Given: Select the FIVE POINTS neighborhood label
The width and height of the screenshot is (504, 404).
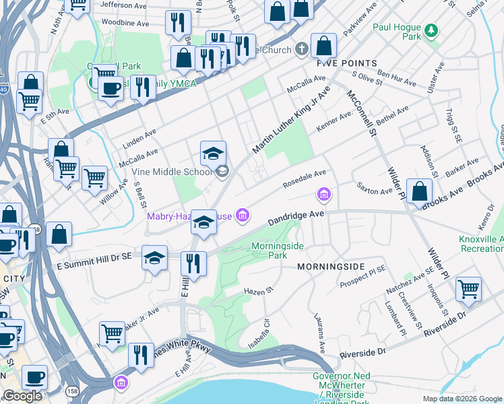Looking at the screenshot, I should [x=337, y=63].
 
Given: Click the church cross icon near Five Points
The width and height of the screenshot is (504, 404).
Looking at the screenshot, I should [x=302, y=49].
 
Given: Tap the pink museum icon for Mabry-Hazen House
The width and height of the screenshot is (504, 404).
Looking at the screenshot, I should [x=243, y=215].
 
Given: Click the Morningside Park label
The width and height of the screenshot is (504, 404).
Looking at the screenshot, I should [x=278, y=250].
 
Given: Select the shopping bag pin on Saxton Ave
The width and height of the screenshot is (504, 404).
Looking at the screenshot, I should [x=419, y=191].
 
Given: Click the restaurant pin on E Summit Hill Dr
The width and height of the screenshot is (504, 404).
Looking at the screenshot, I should [x=194, y=263].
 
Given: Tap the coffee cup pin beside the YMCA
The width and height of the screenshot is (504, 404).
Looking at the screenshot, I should [x=111, y=87].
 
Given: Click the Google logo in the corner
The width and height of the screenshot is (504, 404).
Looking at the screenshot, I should [x=22, y=396].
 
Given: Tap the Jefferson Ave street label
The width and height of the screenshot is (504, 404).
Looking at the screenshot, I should [x=123, y=4].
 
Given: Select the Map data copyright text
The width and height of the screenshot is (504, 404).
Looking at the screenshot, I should [x=462, y=399].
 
